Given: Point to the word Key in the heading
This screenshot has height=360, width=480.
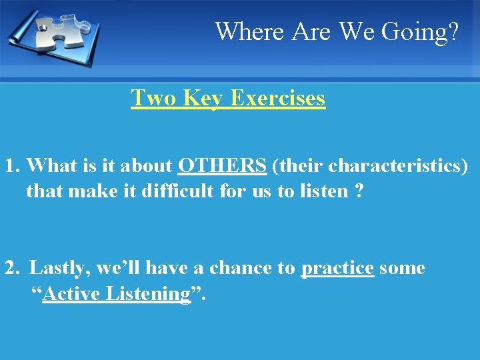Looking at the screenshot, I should pos(203,98).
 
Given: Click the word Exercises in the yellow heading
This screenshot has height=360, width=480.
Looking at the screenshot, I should pos(277,98).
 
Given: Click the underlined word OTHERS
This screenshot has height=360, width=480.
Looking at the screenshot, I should pos(222,165).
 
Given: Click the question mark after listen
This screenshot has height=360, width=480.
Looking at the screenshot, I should pos(359,191).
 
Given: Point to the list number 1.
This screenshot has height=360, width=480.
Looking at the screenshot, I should pos(11,165).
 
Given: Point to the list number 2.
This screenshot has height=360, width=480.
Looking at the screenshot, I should pos(11,268).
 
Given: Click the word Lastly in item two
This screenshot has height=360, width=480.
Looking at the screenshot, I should pos(60,268).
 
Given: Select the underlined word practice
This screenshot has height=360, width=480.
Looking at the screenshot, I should pos(337,268).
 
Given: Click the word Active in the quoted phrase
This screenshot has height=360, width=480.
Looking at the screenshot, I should pos(73,294).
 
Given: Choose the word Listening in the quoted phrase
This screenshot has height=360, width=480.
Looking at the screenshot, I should pos(149,294).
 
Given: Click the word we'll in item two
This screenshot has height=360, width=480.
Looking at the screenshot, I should pos(121,268).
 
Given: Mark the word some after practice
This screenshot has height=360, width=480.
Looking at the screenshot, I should pos(402,268).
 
